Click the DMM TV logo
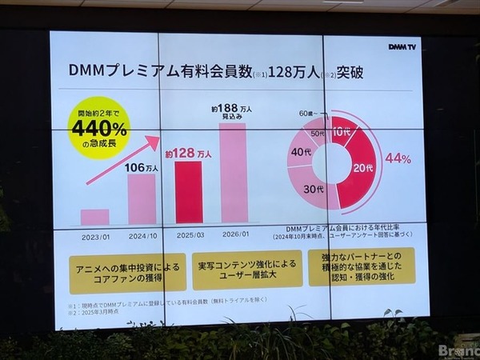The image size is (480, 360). (403, 46)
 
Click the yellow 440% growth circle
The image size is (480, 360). (99, 127)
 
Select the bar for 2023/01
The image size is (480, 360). (94, 217)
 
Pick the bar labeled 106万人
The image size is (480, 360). (142, 199)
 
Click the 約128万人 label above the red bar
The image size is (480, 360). (189, 152)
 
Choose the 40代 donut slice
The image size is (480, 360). (301, 153)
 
